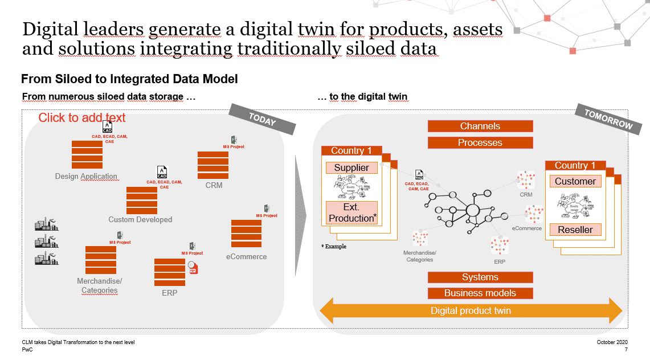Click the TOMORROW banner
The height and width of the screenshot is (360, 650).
(x=608, y=120)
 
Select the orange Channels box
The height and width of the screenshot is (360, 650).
(x=480, y=126)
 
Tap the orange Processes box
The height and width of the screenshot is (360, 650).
(x=480, y=142)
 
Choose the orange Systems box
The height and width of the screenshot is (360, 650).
(x=480, y=277)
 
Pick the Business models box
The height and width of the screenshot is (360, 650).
(x=480, y=293)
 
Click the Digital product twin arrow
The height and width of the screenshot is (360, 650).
(x=471, y=311)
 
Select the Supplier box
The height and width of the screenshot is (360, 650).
(x=351, y=168)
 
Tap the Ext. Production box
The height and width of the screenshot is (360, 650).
(x=351, y=213)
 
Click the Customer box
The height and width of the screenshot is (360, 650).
(x=575, y=182)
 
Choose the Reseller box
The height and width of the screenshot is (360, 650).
(x=575, y=230)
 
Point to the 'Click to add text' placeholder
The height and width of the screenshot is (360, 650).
(x=82, y=118)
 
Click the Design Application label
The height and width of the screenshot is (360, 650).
(x=86, y=177)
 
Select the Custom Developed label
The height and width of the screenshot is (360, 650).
(x=140, y=219)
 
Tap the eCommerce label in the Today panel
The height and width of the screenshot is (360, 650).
(x=246, y=256)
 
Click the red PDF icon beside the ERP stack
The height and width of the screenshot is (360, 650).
(x=193, y=268)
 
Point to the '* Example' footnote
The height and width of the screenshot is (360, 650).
(x=334, y=247)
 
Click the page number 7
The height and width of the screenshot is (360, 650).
(x=626, y=349)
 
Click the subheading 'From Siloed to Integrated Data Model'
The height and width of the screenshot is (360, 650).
(x=129, y=79)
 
